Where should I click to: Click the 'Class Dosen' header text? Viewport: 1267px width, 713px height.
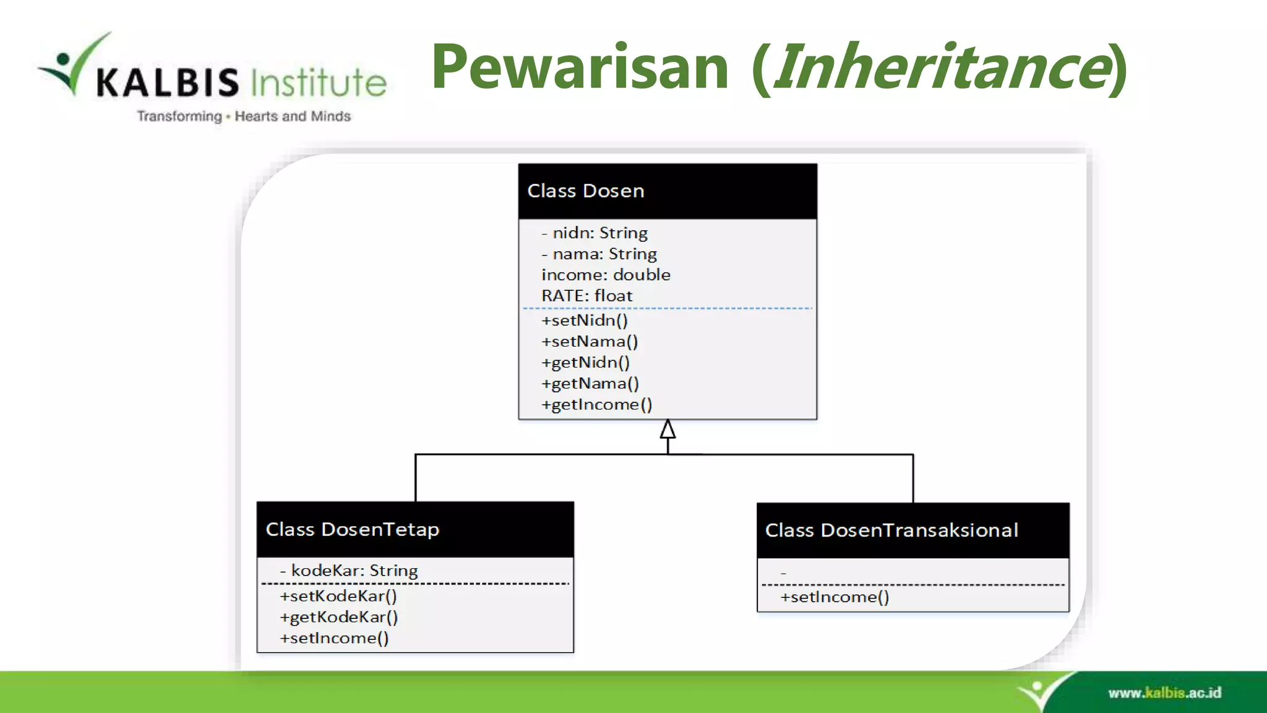585,191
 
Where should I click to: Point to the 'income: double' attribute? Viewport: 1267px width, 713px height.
606,275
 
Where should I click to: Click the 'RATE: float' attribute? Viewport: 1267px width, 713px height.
586,296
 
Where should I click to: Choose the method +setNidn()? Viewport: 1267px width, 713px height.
584,321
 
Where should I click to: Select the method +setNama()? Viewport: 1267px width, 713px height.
589,342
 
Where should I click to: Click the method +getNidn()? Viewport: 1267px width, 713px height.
585,363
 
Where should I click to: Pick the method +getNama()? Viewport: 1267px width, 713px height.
590,384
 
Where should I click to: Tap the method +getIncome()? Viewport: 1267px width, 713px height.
596,405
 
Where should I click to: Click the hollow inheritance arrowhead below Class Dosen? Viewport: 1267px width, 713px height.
668,429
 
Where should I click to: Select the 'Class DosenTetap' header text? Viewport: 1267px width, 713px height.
352,529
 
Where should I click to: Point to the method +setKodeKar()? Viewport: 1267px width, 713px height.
338,596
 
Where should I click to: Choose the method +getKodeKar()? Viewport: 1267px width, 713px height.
338,617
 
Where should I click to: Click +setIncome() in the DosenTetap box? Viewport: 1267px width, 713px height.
334,638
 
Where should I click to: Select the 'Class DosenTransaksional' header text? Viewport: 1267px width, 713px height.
891,530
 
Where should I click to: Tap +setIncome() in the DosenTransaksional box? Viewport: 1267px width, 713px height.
835,597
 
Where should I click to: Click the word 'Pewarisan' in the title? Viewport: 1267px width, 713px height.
580,67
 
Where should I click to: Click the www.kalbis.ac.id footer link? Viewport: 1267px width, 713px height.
1164,693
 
